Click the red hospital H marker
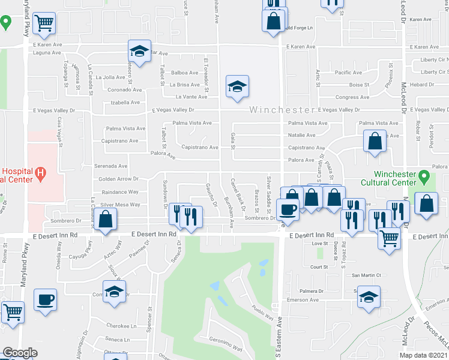pyautogui.click(x=40, y=174)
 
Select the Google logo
pyautogui.click(x=20, y=353)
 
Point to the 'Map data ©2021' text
pyautogui.click(x=423, y=355)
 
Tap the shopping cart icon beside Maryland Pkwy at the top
pyautogui.click(x=44, y=23)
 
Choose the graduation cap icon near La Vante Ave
pyautogui.click(x=237, y=86)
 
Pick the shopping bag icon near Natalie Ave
pyautogui.click(x=375, y=142)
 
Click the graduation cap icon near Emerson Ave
pyautogui.click(x=369, y=296)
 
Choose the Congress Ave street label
pyautogui.click(x=352, y=97)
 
